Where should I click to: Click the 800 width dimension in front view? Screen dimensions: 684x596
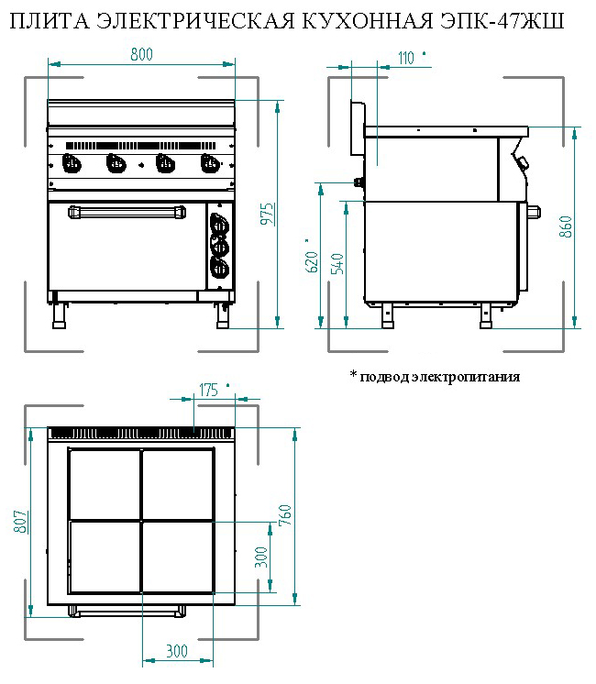point(140,55)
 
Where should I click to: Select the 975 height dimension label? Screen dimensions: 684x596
point(266,212)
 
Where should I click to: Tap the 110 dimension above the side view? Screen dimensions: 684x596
point(406,58)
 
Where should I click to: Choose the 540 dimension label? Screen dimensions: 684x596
point(337,262)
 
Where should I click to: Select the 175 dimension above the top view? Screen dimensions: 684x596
point(208,390)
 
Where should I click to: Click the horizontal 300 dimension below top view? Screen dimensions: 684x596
point(177,651)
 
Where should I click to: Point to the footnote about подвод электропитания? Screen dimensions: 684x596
point(435,376)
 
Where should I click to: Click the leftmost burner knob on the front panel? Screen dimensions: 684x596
point(71,164)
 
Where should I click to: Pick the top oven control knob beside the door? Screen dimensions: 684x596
point(219,224)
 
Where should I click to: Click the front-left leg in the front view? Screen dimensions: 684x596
point(61,314)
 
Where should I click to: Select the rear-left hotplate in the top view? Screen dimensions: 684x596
point(105,484)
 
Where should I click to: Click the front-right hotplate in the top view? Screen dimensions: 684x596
point(177,557)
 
